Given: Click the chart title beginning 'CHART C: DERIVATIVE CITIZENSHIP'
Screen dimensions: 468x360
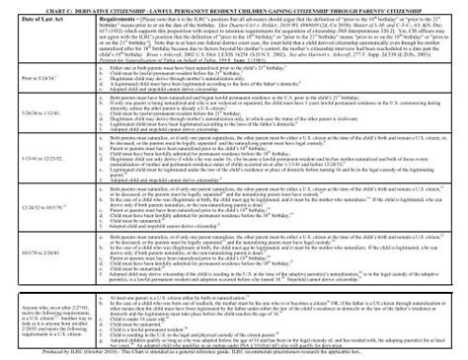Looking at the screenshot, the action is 234,11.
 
